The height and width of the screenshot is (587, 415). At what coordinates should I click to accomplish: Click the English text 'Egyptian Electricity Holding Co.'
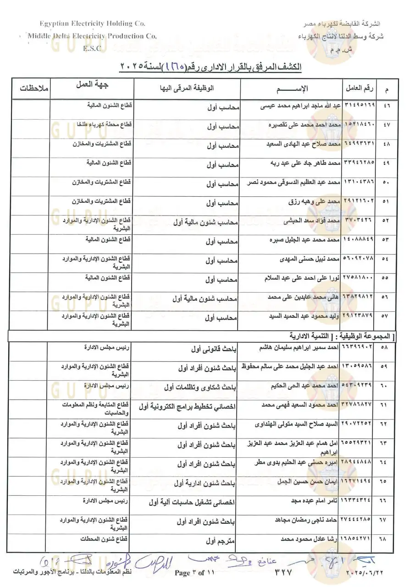point(92,24)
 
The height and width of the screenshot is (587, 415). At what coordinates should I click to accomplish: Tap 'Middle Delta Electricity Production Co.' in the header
point(92,36)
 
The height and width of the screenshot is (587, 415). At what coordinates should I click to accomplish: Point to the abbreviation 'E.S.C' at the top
point(92,48)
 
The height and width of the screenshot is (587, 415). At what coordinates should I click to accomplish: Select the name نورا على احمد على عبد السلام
point(303,278)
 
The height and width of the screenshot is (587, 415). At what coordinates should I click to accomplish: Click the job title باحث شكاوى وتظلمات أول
point(201,388)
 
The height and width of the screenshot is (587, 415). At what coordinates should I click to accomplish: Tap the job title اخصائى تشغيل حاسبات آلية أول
point(192,503)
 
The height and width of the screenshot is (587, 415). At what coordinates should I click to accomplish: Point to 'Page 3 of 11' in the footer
point(194,573)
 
